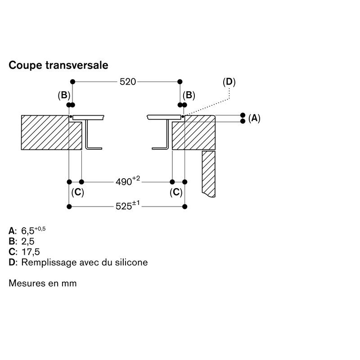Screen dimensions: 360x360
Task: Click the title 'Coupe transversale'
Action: [x=58, y=65]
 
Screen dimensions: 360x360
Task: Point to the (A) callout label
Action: [x=254, y=118]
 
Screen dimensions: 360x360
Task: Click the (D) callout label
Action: [x=229, y=82]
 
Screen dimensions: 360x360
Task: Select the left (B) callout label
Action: [x=64, y=95]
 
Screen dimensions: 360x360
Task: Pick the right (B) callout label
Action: [x=189, y=95]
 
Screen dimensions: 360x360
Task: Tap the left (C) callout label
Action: [x=77, y=193]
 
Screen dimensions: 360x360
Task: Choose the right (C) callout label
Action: [x=176, y=193]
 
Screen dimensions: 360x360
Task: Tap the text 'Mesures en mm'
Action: [x=43, y=283]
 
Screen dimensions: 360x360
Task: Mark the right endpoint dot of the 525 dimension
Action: [x=184, y=207]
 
